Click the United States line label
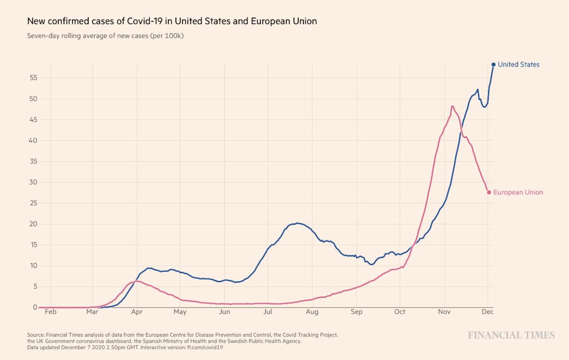click(518, 65)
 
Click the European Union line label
click(518, 192)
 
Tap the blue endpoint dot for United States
click(494, 65)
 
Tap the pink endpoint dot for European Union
click(489, 192)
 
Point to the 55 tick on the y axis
click(33, 78)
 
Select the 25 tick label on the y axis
click(33, 203)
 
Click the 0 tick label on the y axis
click(35, 307)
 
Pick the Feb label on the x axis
click(51, 312)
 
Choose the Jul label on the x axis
click(268, 312)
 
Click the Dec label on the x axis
click(487, 312)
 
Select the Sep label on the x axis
click(356, 312)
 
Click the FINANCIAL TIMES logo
click(511, 335)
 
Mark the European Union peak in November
click(452, 106)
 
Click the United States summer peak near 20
click(297, 223)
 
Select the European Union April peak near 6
click(137, 281)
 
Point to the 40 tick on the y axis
click(33, 140)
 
